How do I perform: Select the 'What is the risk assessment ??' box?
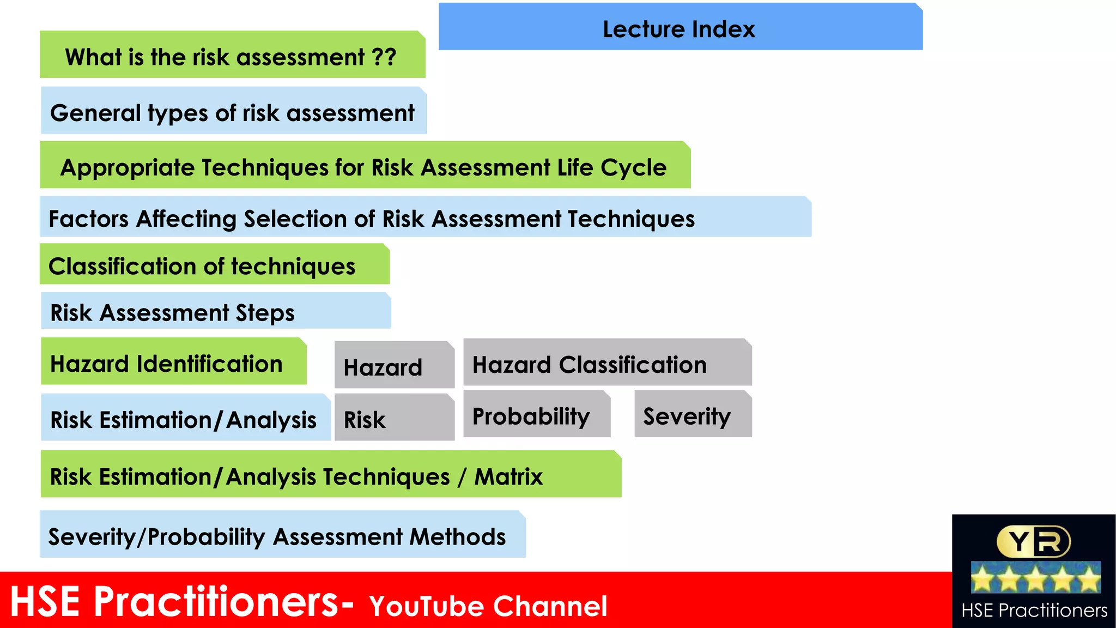pyautogui.click(x=232, y=56)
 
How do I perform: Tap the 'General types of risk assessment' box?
pyautogui.click(x=233, y=112)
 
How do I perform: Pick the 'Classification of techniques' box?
pyautogui.click(x=214, y=265)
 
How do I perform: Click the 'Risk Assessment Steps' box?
pyautogui.click(x=216, y=312)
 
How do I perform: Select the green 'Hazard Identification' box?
pyautogui.click(x=173, y=363)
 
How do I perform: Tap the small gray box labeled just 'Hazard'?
pyautogui.click(x=393, y=366)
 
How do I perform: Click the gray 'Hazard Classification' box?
pyautogui.click(x=607, y=364)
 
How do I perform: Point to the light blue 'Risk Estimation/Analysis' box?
pyautogui.click(x=185, y=419)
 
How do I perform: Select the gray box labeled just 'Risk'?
pyautogui.click(x=393, y=419)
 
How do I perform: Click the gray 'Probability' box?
pyautogui.click(x=536, y=415)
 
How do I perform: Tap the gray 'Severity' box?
pyautogui.click(x=693, y=415)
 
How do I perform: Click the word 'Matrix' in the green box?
pyautogui.click(x=508, y=476)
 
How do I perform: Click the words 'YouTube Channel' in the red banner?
pyautogui.click(x=488, y=606)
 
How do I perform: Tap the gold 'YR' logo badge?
pyautogui.click(x=1033, y=541)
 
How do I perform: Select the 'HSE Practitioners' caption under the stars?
pyautogui.click(x=1034, y=610)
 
